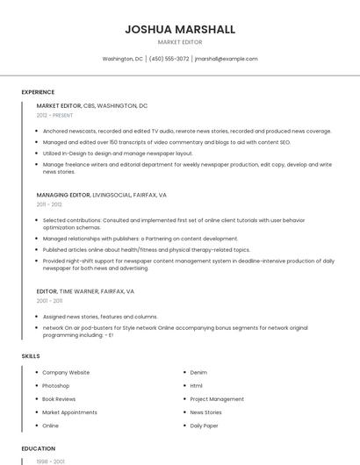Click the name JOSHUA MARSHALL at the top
pos(180,29)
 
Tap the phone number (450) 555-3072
pos(169,59)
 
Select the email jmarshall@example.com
pos(226,59)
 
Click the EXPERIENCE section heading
pos(38,92)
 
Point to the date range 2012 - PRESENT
pos(54,115)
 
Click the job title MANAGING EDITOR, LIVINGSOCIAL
pos(101,195)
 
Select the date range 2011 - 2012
pos(49,204)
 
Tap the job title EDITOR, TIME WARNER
pos(85,291)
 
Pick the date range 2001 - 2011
pos(49,301)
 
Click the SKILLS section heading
pos(30,356)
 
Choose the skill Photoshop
pos(55,386)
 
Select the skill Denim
pos(198,373)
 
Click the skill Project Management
pos(217,399)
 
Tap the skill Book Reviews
pos(59,399)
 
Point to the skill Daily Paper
pos(204,426)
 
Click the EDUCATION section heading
pos(38,448)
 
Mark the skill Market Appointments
pos(69,412)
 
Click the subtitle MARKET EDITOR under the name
pos(180,42)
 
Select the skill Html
pos(196,386)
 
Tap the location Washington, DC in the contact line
pos(122,59)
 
